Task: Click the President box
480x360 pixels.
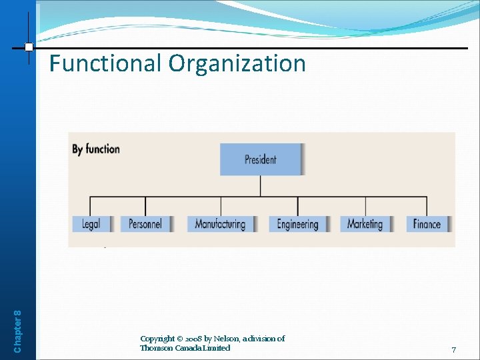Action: (261, 159)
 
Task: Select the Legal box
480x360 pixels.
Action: (91, 224)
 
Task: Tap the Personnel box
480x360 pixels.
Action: (145, 224)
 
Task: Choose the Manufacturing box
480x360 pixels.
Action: (220, 224)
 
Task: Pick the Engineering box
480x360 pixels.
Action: (297, 224)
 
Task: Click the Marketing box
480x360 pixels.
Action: (365, 224)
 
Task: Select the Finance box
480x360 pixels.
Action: (427, 224)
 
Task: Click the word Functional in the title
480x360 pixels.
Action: (106, 64)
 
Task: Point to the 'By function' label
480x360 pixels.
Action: (96, 149)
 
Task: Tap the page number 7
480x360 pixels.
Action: (453, 350)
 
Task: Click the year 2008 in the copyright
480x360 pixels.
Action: (190, 339)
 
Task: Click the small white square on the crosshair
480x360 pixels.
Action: (29, 47)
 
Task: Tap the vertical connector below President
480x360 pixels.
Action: (261, 186)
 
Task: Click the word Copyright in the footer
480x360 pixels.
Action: (157, 339)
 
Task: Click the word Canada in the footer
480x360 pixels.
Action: (189, 348)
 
